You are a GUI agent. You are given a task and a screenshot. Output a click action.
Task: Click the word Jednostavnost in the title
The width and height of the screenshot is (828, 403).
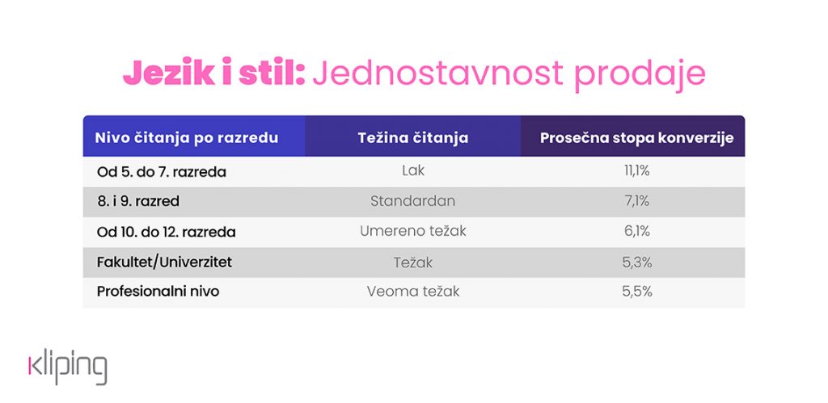[x=437, y=73]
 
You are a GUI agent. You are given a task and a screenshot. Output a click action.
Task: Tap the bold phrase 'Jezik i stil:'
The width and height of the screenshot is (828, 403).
[x=213, y=73]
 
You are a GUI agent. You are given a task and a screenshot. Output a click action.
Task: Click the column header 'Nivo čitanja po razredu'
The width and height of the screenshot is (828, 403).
[x=187, y=138]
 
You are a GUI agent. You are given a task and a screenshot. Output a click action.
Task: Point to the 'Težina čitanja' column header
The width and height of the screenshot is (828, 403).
[x=413, y=138]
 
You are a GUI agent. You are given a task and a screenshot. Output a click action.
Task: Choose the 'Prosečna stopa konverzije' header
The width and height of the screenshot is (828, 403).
[x=637, y=138]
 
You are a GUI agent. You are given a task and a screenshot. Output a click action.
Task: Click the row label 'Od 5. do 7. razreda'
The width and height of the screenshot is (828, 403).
[x=162, y=172]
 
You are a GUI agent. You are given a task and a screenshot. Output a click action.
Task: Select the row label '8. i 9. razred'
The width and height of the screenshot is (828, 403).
[x=138, y=202]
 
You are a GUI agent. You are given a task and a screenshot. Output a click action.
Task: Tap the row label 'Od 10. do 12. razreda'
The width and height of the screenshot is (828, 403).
[x=167, y=232]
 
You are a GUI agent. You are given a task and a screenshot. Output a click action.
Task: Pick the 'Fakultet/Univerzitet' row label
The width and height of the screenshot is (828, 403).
[x=164, y=262]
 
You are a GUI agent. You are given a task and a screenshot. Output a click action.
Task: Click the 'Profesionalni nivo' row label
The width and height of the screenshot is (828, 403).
[x=158, y=292]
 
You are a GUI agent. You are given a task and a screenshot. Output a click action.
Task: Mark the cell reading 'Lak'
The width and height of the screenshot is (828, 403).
[x=413, y=171]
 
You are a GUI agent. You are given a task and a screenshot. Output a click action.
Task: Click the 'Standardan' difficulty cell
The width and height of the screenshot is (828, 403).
[x=413, y=201]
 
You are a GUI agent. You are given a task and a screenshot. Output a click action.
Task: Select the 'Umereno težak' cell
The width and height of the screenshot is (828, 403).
[x=413, y=231]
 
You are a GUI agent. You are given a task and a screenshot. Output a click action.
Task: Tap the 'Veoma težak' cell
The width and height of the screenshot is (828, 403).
[x=413, y=292]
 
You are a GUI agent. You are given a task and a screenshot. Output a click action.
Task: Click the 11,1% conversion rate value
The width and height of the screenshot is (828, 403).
[x=637, y=171]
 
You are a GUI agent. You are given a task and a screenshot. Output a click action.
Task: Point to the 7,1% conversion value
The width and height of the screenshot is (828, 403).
[x=637, y=201]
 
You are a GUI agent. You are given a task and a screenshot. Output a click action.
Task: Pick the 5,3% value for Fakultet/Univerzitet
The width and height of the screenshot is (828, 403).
[x=637, y=262]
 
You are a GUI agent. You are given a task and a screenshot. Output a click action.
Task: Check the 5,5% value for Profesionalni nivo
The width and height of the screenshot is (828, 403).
[x=637, y=292]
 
